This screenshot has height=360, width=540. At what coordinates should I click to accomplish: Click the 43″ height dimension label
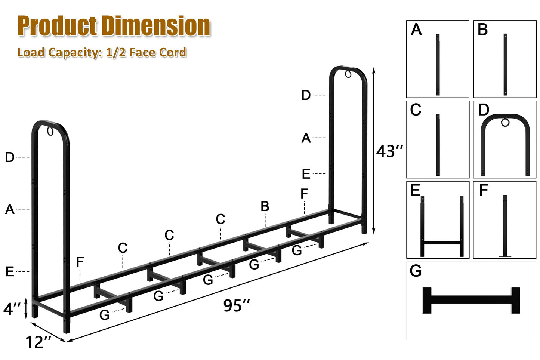[389, 151]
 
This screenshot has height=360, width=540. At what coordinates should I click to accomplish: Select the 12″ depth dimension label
[38, 342]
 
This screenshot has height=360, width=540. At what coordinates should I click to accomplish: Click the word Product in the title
[58, 26]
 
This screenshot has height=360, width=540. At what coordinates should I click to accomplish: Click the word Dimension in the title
[156, 26]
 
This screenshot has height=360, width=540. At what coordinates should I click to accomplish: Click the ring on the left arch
[50, 132]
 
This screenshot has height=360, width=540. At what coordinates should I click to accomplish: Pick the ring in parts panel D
[505, 123]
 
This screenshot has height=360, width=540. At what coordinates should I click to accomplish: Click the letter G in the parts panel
[416, 271]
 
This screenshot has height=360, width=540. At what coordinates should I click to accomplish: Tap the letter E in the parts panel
[415, 190]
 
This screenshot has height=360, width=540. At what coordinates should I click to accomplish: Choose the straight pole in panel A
[438, 65]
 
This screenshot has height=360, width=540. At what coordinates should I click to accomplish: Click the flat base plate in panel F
[505, 256]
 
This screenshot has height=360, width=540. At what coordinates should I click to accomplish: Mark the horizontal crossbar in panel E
[442, 243]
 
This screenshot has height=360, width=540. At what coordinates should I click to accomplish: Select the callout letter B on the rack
[265, 206]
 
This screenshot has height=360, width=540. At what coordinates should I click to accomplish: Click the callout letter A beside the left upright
[10, 209]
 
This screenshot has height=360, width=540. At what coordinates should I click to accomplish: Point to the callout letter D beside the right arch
[306, 95]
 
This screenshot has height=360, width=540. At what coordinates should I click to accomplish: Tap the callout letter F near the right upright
[304, 193]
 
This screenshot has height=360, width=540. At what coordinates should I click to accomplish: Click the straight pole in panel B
[505, 64]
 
